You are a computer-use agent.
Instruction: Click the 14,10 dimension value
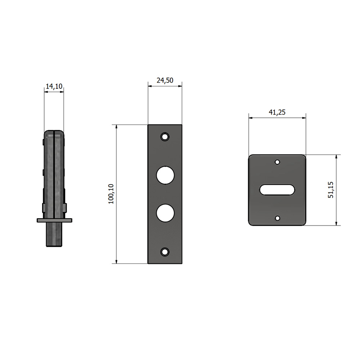(54, 86)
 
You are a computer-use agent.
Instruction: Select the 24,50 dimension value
(165, 80)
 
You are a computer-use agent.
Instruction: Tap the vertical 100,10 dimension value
(111, 194)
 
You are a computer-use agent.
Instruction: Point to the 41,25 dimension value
(277, 112)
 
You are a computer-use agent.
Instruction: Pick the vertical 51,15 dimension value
(330, 190)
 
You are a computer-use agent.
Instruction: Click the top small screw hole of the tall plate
(165, 137)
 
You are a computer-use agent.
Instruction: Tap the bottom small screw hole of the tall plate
(165, 252)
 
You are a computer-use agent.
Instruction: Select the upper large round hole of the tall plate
(165, 175)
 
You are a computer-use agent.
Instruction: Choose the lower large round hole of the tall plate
(165, 213)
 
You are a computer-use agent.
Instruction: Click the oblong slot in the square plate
(277, 190)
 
